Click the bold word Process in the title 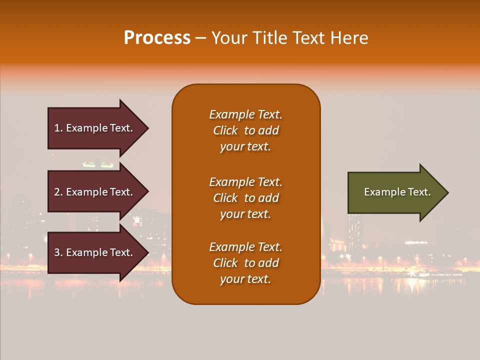157,38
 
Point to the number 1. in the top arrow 58,128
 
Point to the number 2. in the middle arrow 58,192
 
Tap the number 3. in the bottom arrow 58,252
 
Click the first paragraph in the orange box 245,130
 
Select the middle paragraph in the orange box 245,198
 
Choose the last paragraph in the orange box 245,263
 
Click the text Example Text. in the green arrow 397,192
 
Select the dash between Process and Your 200,38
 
